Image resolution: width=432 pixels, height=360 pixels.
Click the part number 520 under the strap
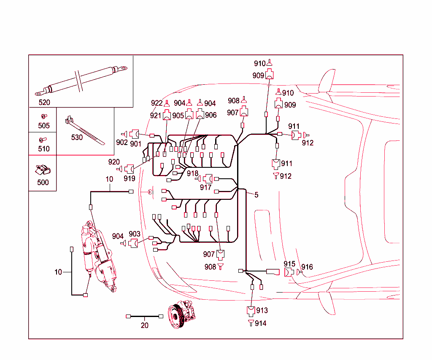pos(44,102)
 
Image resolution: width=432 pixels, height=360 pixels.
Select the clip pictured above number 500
pos(42,170)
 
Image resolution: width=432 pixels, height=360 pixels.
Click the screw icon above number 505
pos(43,116)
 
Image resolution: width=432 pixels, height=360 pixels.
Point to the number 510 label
pos(43,149)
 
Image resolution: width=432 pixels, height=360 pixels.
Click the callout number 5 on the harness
pos(256,195)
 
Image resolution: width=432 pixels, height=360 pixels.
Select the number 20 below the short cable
pos(145,325)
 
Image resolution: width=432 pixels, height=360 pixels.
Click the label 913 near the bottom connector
pos(262,311)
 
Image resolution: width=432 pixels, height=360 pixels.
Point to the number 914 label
pos(261,323)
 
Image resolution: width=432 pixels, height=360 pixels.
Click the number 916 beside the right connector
pos(307,267)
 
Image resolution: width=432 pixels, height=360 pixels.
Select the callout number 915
pos(289,264)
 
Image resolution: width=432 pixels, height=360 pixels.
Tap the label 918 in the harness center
pos(192,173)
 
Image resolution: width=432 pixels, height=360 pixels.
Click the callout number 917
pos(205,188)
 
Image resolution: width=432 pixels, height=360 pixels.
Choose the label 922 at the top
pos(157,103)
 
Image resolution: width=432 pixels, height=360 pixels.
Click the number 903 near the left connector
pos(134,234)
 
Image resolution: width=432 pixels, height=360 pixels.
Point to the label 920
pos(114,162)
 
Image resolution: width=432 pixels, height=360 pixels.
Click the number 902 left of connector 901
pos(122,142)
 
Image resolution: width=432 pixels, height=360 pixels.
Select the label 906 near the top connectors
pos(211,115)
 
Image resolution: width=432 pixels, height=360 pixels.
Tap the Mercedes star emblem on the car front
pos(150,192)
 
